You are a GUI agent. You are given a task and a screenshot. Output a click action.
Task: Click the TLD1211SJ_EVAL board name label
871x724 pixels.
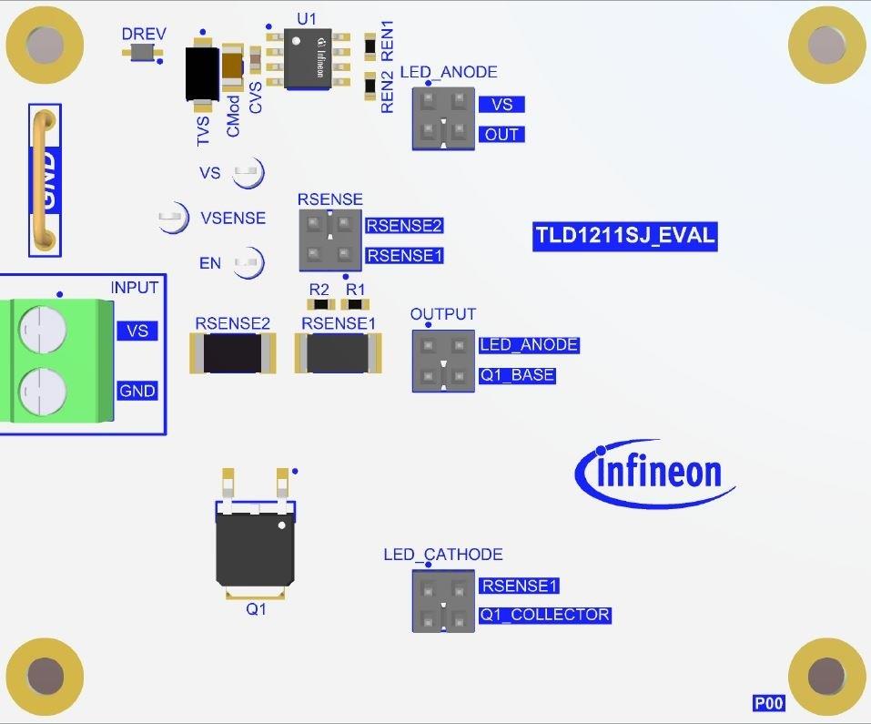click(625, 236)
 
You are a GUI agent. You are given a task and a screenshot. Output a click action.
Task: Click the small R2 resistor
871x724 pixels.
click(319, 305)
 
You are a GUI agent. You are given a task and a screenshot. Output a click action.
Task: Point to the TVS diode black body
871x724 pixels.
click(200, 73)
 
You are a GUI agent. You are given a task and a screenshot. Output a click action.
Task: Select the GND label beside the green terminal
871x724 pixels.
click(137, 392)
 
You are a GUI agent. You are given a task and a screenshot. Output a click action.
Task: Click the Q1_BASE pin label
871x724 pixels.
click(516, 375)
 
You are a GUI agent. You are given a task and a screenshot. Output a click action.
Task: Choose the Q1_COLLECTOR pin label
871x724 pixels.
click(545, 615)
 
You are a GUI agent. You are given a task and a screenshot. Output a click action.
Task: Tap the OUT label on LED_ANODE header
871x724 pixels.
click(501, 135)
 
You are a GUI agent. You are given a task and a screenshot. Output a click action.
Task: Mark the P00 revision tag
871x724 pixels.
click(768, 703)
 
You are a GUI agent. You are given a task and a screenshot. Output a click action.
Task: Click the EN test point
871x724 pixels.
click(248, 264)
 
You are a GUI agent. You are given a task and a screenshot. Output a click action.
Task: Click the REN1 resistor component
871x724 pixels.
click(370, 45)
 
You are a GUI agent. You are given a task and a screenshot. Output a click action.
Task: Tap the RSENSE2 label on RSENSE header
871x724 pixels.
click(404, 225)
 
